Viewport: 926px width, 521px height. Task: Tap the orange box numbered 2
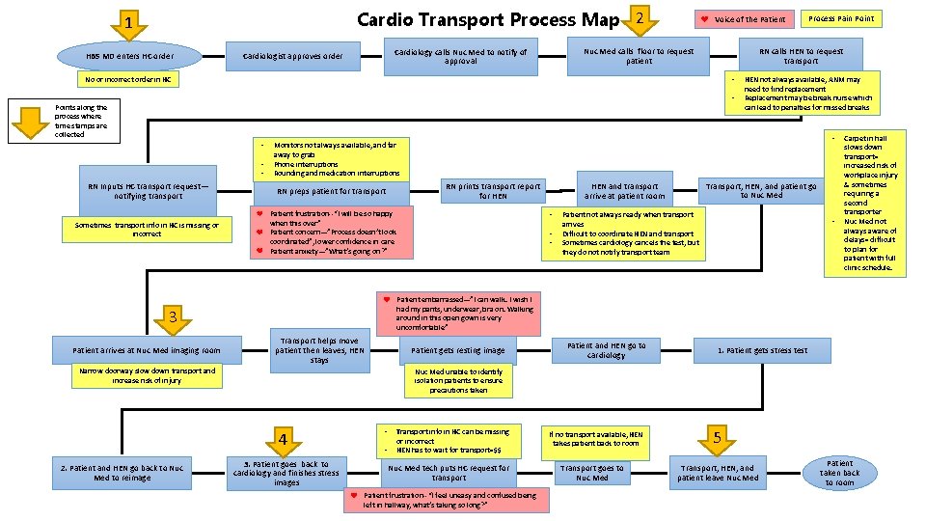[x=640, y=16]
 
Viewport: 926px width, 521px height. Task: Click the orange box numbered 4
[x=283, y=440]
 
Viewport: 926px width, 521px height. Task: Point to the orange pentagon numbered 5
[x=717, y=438]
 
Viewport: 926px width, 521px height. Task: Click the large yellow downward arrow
[x=35, y=120]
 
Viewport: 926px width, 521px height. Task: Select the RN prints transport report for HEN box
[x=492, y=190]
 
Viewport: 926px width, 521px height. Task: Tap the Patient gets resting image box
[x=458, y=350]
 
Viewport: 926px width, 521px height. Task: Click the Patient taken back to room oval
[x=839, y=473]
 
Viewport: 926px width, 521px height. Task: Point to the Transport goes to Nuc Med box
[x=592, y=473]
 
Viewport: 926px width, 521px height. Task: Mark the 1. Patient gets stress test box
[x=762, y=350]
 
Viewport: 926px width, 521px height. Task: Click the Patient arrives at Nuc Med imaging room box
[x=147, y=350]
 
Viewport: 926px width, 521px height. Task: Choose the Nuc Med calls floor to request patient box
[x=639, y=56]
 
